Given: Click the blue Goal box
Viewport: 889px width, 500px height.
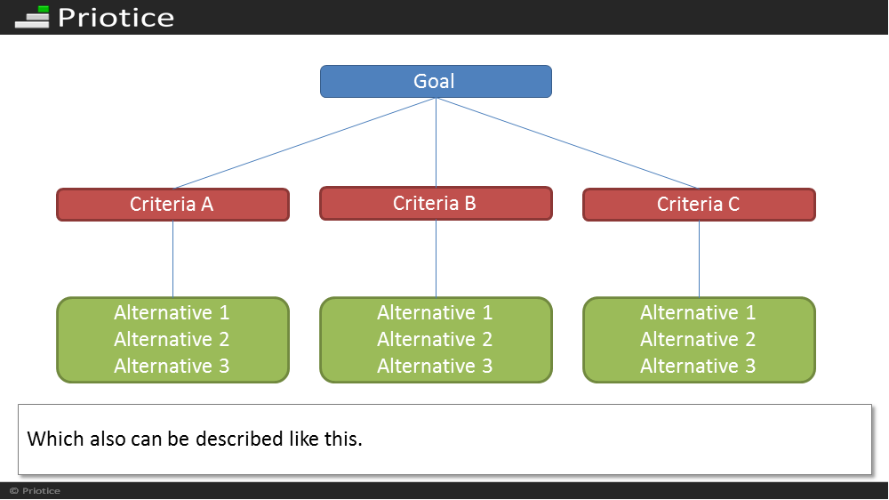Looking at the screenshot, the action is click(x=436, y=81).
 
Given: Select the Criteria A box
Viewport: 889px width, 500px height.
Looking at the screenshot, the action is click(x=173, y=205).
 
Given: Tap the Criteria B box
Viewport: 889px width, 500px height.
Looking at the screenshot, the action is click(x=436, y=203).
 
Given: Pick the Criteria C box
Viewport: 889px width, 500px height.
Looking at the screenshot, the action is click(x=699, y=205).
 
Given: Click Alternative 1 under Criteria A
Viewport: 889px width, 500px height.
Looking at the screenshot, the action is click(x=172, y=312).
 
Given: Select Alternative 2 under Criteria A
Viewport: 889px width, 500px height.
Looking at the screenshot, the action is click(x=172, y=339).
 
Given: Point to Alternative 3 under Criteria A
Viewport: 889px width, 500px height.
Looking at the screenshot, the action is click(x=172, y=366).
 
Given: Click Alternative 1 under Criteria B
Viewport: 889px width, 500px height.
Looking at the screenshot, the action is click(x=435, y=312).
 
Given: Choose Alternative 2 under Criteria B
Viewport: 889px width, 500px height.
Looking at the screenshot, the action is click(x=435, y=339).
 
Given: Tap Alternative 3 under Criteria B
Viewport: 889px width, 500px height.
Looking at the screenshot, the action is click(x=435, y=366).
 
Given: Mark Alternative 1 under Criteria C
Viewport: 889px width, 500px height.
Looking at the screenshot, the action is click(x=698, y=312).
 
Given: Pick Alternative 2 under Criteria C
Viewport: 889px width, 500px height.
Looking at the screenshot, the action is click(x=698, y=339).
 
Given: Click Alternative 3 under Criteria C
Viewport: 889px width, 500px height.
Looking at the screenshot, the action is click(x=698, y=366).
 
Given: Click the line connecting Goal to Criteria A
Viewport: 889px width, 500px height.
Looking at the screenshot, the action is click(x=304, y=143).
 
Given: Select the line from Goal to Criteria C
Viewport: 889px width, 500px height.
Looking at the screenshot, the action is click(x=567, y=143).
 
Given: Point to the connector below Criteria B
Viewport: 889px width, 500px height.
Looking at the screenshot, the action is click(x=436, y=258).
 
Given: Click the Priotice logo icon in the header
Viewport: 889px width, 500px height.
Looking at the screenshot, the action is click(x=32, y=17).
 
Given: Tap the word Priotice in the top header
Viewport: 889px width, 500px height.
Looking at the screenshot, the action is click(x=116, y=18).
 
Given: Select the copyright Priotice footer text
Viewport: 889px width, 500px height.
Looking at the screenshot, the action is click(x=36, y=491).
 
